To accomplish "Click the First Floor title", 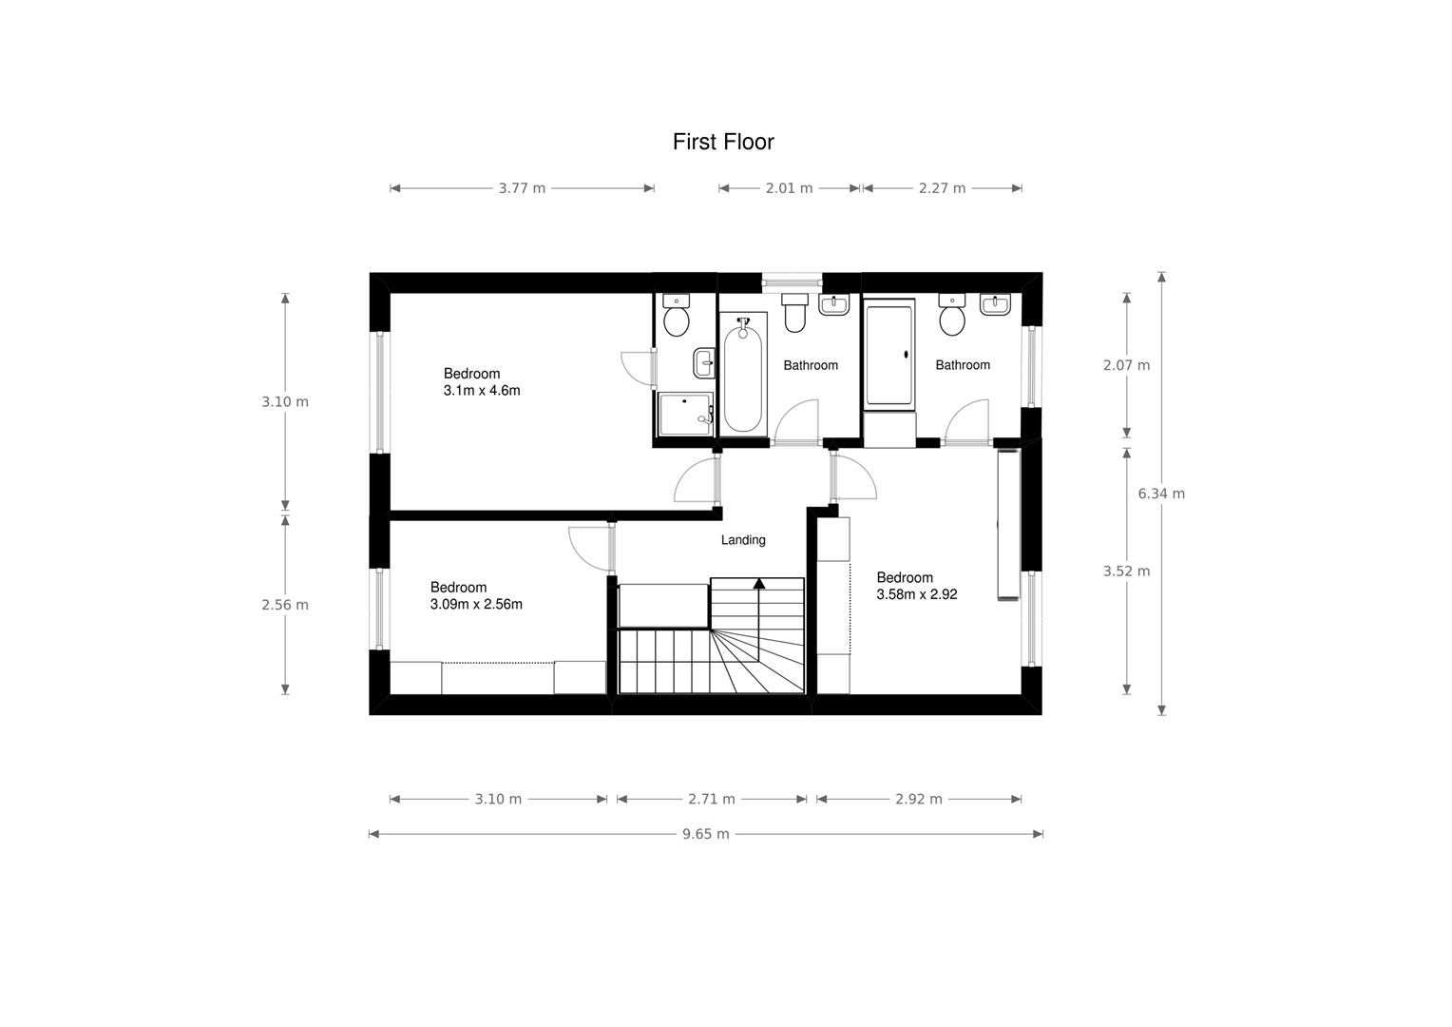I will point(723,142).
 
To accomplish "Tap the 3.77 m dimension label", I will point(522,188).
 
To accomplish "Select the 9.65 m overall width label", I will point(705,834).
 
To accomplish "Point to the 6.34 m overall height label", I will point(1161,494).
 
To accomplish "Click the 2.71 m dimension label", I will point(712,799).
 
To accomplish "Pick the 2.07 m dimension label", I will point(1126,365).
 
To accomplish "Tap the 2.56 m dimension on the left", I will point(285,605).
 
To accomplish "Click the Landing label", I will point(743,540).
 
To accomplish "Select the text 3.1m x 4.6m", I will point(482,391).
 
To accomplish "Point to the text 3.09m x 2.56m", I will point(476,604).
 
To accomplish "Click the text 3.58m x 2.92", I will point(916,594).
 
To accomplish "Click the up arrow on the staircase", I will point(758,584).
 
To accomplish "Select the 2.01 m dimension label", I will point(789,188).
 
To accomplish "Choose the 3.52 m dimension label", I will point(1126,572).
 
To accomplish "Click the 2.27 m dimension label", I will point(942,188).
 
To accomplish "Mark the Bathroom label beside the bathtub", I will point(811,365).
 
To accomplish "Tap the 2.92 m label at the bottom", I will point(919,799).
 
